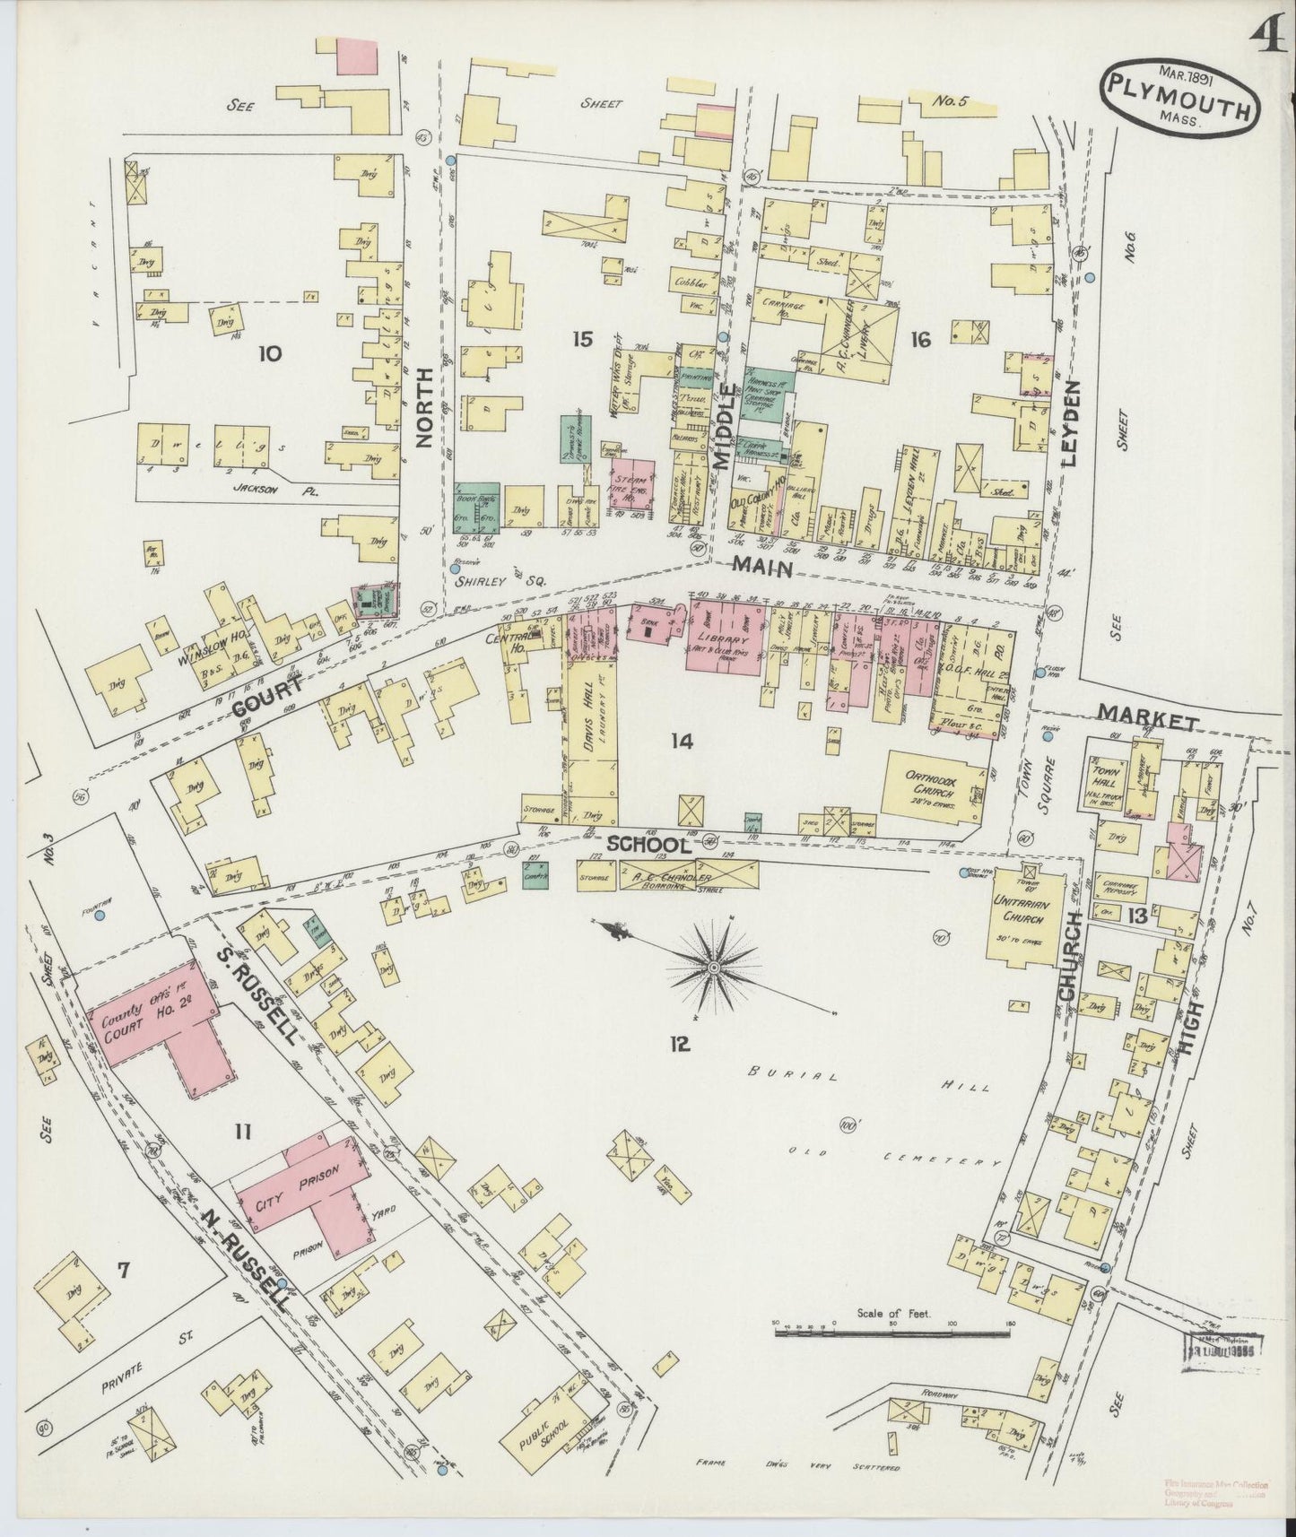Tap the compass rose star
[x=713, y=968]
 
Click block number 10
[x=269, y=353]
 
